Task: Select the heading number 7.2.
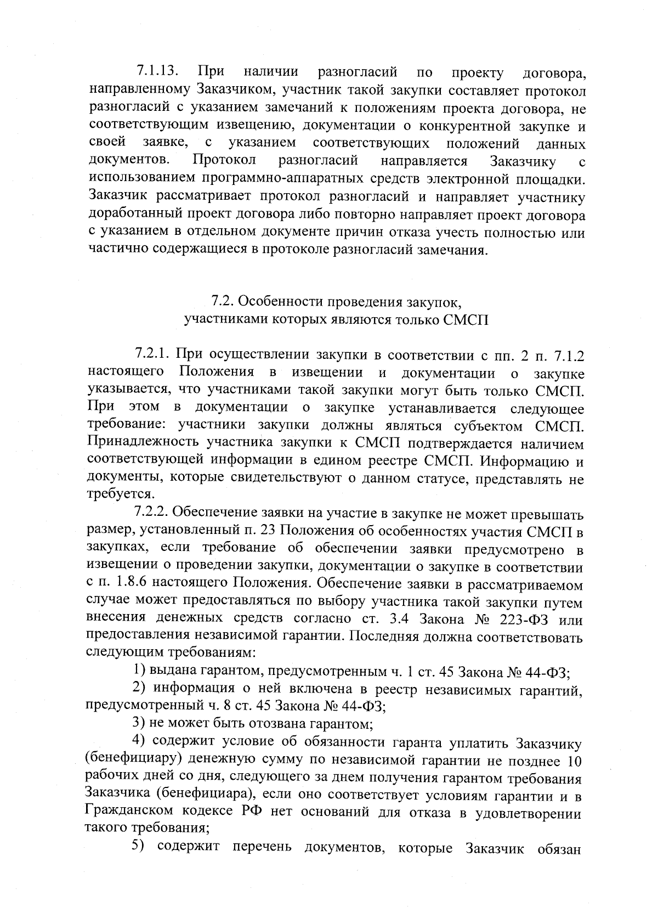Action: pos(223,302)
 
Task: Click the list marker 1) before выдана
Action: pos(140,671)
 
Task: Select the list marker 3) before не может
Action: pos(140,724)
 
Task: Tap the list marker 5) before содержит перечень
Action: pos(140,847)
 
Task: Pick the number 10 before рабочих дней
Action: pos(574,762)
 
